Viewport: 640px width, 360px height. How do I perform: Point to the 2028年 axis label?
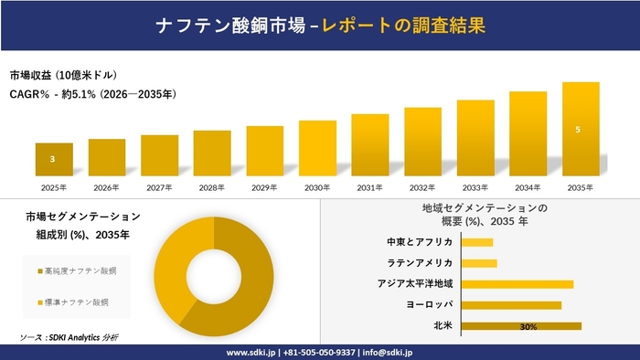212,187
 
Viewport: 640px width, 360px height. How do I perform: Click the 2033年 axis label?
475,187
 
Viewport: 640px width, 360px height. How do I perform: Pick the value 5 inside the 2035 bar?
577,130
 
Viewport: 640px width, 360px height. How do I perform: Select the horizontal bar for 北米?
521,326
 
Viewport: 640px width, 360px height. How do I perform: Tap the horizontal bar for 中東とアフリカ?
477,242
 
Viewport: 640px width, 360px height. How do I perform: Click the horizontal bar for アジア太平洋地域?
517,284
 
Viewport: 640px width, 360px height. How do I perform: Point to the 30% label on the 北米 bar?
528,326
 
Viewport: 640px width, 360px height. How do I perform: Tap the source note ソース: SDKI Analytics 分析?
69,337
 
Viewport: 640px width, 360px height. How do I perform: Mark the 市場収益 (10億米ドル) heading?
64,74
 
